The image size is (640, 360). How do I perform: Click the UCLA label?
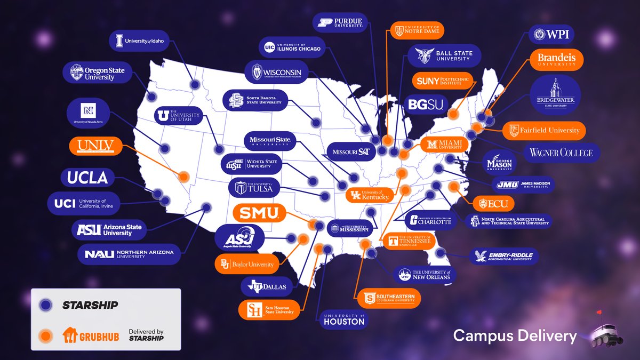point(87,178)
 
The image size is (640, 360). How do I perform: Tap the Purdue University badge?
point(340,22)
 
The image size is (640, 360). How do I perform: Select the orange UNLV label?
point(96,146)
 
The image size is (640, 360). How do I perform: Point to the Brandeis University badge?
point(556,60)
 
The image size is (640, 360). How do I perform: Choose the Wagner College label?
point(561,153)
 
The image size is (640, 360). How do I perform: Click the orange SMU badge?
point(259,213)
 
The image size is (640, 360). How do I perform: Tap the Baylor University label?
point(247,264)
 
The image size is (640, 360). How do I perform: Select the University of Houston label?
point(344,319)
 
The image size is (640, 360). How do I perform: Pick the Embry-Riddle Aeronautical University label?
point(503,256)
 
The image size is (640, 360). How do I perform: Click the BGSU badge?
point(426,105)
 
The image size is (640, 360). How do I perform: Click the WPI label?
point(551,35)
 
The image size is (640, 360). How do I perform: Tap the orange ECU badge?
point(493,203)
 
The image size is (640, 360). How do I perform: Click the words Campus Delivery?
point(515,336)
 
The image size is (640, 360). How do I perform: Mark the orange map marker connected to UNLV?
point(184,176)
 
